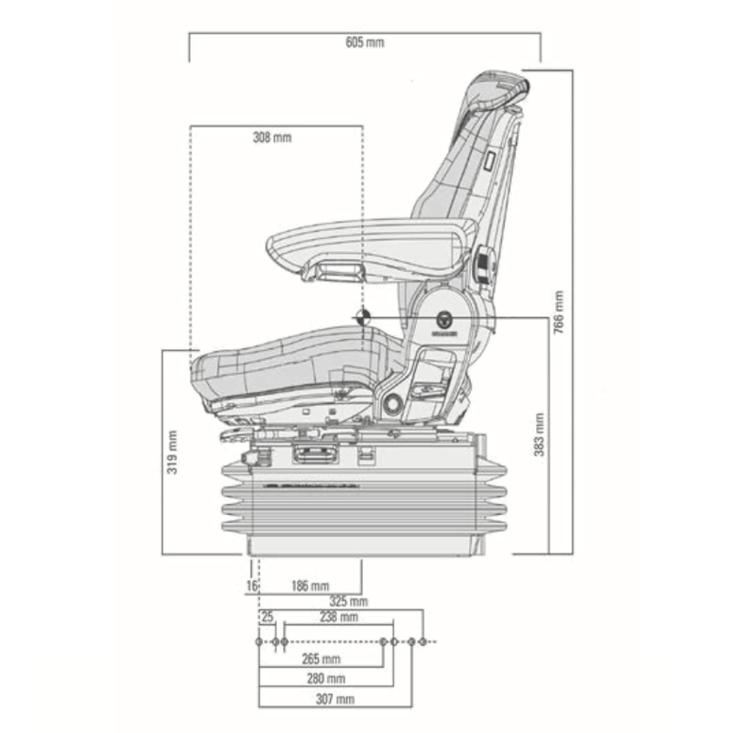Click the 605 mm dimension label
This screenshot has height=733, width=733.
pyautogui.click(x=366, y=43)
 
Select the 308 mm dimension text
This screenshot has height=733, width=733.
pyautogui.click(x=271, y=137)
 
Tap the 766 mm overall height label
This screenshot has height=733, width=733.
pyautogui.click(x=559, y=312)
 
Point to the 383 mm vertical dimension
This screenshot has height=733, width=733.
pyautogui.click(x=540, y=435)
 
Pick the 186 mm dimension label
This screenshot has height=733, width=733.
pyautogui.click(x=310, y=585)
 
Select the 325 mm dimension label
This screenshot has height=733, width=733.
pyautogui.click(x=347, y=602)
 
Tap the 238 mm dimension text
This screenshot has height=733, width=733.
pyautogui.click(x=339, y=618)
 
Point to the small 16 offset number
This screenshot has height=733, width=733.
pyautogui.click(x=250, y=585)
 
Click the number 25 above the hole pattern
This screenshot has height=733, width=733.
pyautogui.click(x=268, y=618)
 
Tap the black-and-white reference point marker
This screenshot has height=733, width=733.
pyautogui.click(x=363, y=317)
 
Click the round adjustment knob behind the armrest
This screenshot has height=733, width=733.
pyautogui.click(x=483, y=266)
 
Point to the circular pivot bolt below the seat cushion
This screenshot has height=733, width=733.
pyautogui.click(x=391, y=404)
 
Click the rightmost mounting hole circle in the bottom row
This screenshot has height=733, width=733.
pyautogui.click(x=423, y=641)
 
